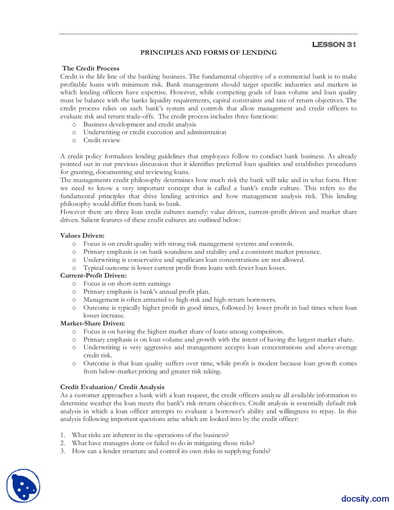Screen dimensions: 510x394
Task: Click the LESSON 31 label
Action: (x=334, y=45)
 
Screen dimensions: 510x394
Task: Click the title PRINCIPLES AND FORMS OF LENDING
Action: (x=208, y=53)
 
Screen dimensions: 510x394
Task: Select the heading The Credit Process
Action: (x=90, y=68)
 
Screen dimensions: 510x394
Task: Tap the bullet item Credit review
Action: (x=102, y=140)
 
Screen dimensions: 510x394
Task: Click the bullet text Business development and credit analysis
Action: (x=140, y=124)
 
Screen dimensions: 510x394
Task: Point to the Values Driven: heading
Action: (x=82, y=236)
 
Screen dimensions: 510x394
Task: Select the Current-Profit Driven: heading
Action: (x=93, y=275)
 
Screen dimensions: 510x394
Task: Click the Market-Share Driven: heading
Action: (x=92, y=323)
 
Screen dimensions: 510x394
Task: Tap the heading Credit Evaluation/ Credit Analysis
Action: (x=112, y=387)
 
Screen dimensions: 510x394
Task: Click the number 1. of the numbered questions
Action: (x=62, y=435)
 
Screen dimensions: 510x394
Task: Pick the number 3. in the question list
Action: (x=62, y=451)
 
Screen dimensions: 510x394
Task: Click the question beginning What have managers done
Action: (x=163, y=443)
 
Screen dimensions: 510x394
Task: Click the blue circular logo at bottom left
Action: (x=23, y=486)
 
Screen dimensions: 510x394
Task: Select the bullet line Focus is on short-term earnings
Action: (x=127, y=284)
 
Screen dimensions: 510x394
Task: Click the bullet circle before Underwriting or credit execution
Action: (x=74, y=132)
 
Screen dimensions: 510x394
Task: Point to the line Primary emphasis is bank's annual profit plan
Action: (x=147, y=292)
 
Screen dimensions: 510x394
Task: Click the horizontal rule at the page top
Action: (x=208, y=34)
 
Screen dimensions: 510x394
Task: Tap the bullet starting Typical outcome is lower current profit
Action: (x=185, y=268)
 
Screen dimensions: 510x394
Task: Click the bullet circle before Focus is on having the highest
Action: (x=74, y=332)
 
